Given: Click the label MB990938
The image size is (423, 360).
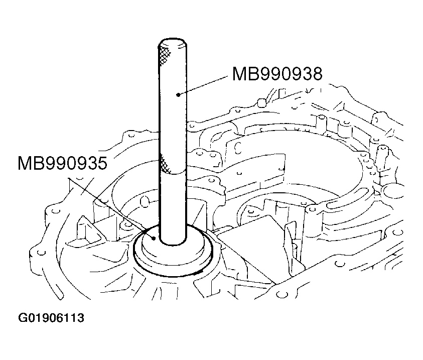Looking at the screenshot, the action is [x=277, y=74].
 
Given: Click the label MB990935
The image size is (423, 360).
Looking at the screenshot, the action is [x=63, y=163].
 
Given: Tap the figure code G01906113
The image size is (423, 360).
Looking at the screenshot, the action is [x=51, y=318].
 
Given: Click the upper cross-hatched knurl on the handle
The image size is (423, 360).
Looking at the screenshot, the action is [x=165, y=55].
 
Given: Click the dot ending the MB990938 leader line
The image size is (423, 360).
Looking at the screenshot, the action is [x=178, y=94].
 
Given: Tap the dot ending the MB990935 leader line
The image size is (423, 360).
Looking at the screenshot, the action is [x=154, y=238].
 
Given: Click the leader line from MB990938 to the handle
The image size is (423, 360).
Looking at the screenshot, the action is [x=203, y=85].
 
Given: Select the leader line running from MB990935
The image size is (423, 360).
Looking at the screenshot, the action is [x=111, y=208].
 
